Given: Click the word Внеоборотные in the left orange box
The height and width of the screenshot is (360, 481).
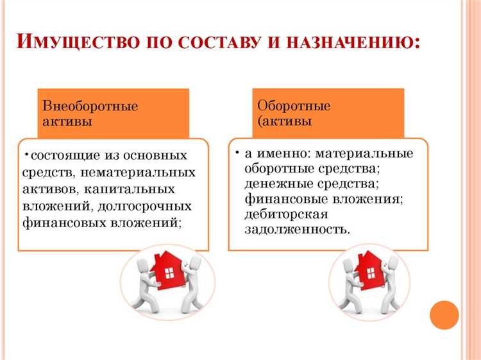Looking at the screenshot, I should coord(90,107).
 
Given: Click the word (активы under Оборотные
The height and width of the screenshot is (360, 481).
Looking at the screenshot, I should coord(285,121).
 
